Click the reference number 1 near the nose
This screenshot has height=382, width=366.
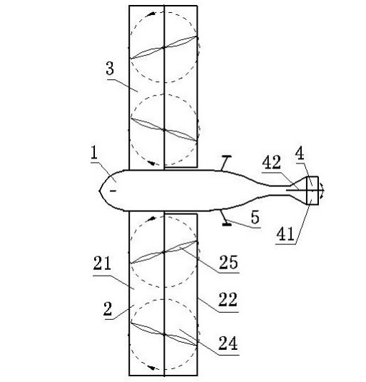coord(94,153)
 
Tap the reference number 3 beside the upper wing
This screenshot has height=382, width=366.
coord(110,69)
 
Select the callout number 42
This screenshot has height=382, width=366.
coord(273,162)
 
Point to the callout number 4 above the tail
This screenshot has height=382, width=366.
coord(300,154)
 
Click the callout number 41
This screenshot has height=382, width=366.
coord(285,233)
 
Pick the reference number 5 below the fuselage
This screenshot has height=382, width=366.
coord(255,217)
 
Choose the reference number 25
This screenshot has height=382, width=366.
coord(228,262)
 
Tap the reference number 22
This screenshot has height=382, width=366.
coord(228,299)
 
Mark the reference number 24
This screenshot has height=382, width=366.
coord(228,343)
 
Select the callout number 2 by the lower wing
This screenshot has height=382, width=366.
coord(108,309)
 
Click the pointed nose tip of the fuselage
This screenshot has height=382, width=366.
coord(99,191)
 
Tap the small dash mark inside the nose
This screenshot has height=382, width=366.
coord(113,191)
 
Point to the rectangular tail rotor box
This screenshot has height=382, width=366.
coord(312,190)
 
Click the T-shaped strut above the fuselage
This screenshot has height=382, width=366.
coord(225,163)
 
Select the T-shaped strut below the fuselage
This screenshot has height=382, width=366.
coord(226,218)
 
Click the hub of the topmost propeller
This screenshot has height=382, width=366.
coord(164,47)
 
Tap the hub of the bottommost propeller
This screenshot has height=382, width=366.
coord(164,334)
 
